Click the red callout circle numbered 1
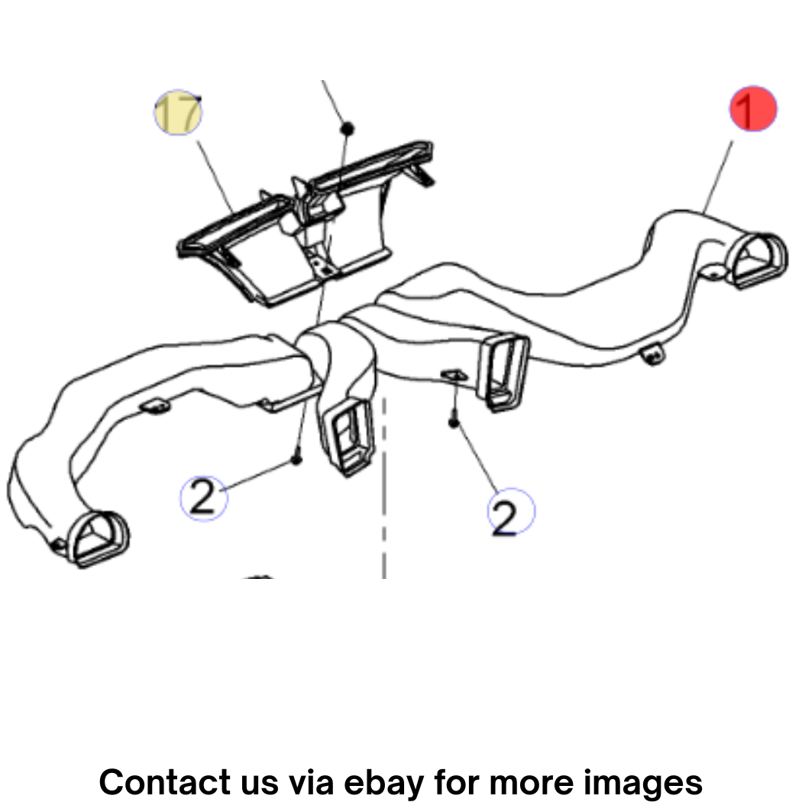752,108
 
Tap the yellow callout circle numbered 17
178,112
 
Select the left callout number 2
204,498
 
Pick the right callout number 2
511,511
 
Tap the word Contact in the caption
164,781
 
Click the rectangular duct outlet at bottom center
346,435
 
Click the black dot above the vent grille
348,128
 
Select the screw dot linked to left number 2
296,459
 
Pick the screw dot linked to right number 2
454,422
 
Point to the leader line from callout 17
215,177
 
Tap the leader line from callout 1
718,176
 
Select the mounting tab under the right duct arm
653,354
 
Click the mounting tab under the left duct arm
155,406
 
